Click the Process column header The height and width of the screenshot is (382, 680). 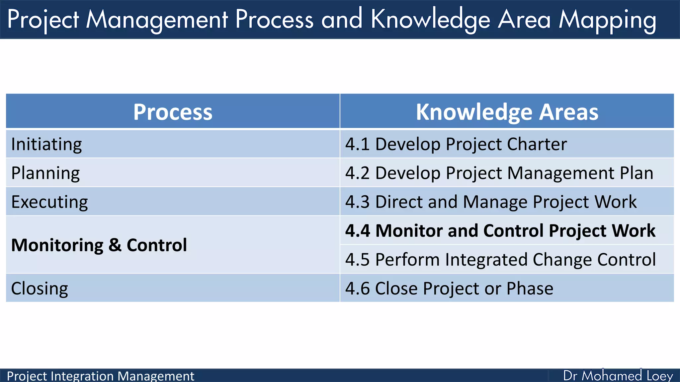coord(173,112)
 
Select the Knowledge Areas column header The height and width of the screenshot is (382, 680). coord(507,112)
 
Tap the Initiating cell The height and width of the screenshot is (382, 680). coord(46,144)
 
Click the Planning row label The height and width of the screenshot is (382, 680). coord(45,173)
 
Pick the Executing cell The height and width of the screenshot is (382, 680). coord(49,202)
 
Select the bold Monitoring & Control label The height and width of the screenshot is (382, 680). coord(99,245)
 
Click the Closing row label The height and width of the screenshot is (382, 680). coord(40,288)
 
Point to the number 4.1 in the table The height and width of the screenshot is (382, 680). coord(357,144)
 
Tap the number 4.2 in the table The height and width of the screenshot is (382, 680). coord(357,173)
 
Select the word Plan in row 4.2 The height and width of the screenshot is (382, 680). coord(637,173)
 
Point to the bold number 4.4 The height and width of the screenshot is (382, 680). coord(358,231)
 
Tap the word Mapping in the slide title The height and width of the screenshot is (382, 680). coord(607,20)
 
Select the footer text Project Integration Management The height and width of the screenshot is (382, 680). coord(100,376)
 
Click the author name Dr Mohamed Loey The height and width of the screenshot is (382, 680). coord(618,376)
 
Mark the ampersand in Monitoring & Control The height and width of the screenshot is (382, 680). coord(115,245)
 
